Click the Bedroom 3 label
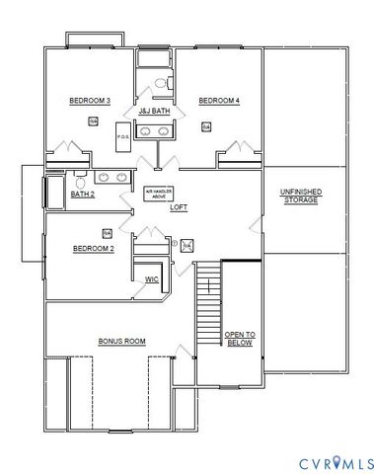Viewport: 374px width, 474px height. pyautogui.click(x=89, y=101)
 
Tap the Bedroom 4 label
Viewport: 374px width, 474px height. pyautogui.click(x=219, y=101)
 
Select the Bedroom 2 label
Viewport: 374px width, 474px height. pyautogui.click(x=94, y=249)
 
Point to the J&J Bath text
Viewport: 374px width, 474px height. pyautogui.click(x=155, y=111)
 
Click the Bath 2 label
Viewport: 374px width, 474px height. pyautogui.click(x=83, y=194)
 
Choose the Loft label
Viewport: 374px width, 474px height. pyautogui.click(x=179, y=207)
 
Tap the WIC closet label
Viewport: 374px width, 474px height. pyautogui.click(x=152, y=279)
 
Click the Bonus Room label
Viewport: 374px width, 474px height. pyautogui.click(x=121, y=341)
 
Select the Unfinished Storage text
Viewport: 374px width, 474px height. pyautogui.click(x=301, y=195)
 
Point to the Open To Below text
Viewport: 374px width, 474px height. pyautogui.click(x=239, y=339)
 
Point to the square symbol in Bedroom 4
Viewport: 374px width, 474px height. pyautogui.click(x=206, y=126)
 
